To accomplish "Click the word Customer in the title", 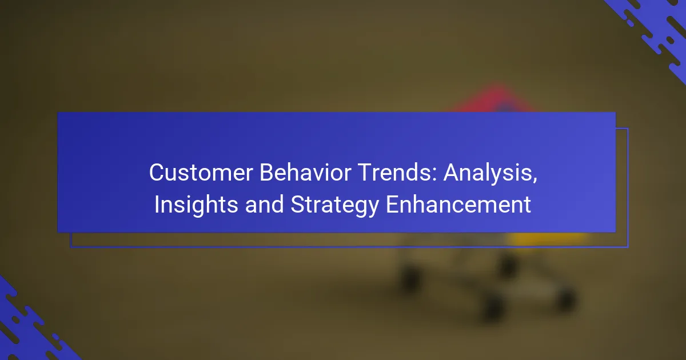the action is pos(201,173).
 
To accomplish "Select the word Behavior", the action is pos(305,173).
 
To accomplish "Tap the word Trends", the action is pos(395,173).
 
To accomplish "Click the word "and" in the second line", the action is pos(264,204).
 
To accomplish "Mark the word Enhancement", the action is pos(458,204).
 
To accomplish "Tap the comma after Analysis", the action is pos(535,181).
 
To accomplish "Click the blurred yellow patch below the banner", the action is pos(548,238).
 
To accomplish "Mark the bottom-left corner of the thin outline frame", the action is pos(70,247).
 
